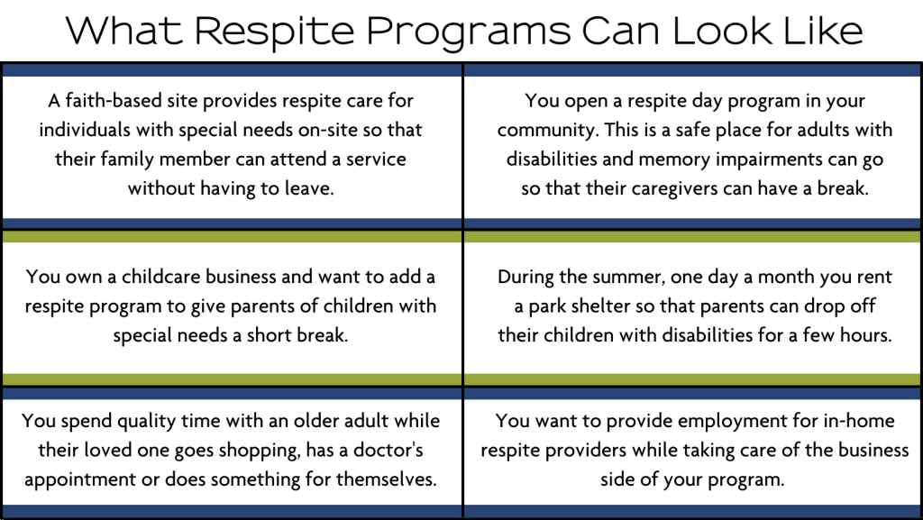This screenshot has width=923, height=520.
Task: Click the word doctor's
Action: point(385,450)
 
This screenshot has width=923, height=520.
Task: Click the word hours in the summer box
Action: point(864,335)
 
